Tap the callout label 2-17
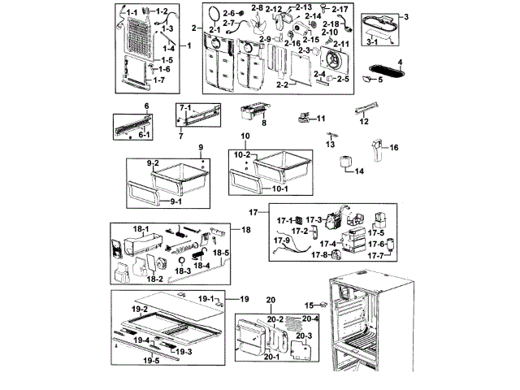pyautogui.click(x=340, y=9)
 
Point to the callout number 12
pyautogui.click(x=364, y=121)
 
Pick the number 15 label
pyautogui.click(x=309, y=305)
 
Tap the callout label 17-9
pyautogui.click(x=281, y=240)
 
